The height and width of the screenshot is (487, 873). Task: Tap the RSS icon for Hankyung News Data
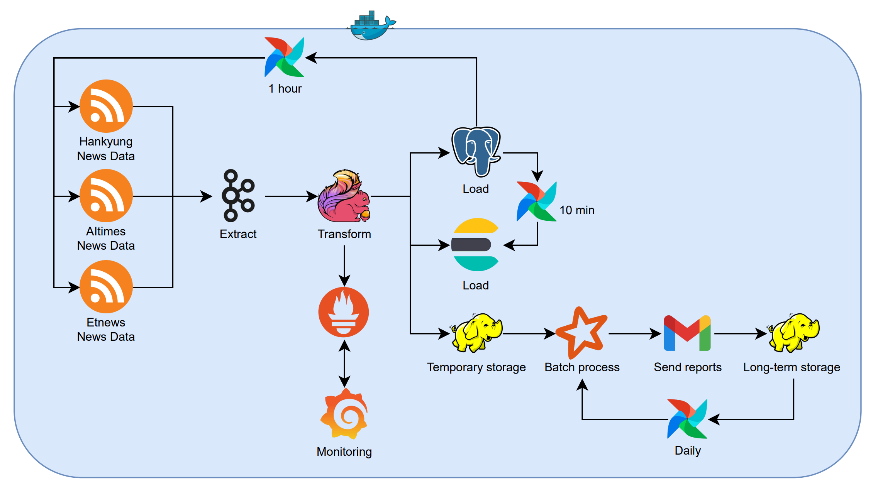(x=106, y=106)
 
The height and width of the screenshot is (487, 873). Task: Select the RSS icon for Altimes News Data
(x=106, y=196)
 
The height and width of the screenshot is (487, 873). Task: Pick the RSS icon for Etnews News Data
(x=106, y=287)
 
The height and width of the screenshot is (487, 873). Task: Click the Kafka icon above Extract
(x=238, y=196)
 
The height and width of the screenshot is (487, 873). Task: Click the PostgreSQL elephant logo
(x=476, y=151)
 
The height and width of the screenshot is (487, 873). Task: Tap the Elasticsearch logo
(x=476, y=245)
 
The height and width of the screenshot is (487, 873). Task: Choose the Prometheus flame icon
(x=344, y=312)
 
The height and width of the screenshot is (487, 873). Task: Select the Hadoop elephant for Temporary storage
(x=476, y=333)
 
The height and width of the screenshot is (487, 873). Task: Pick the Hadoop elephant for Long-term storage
(x=794, y=333)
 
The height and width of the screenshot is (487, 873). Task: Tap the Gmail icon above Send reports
(x=687, y=333)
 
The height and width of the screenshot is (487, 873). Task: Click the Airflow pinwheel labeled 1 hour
(x=285, y=57)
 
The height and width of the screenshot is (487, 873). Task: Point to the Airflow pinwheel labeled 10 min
(x=537, y=201)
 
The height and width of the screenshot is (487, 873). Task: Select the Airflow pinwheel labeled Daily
(x=687, y=419)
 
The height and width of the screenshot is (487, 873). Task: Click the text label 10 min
(x=577, y=210)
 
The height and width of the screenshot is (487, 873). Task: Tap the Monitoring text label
(x=344, y=451)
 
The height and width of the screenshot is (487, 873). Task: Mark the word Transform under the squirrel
(x=344, y=234)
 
